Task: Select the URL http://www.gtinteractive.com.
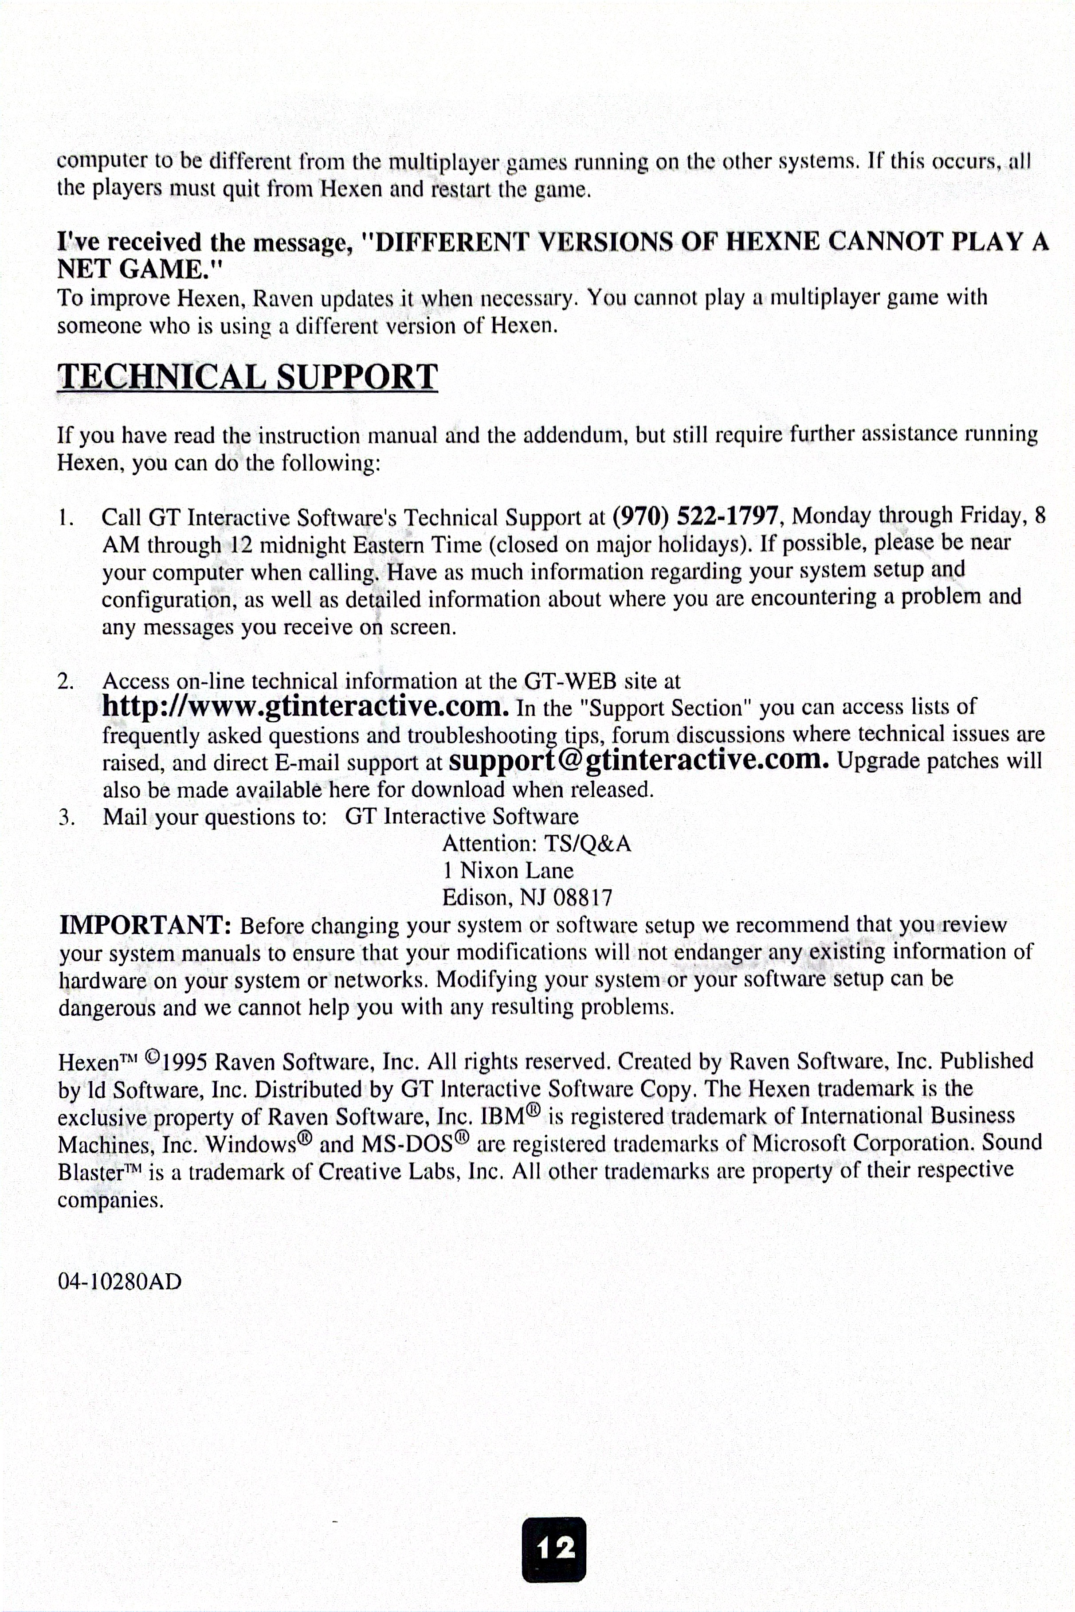305,706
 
